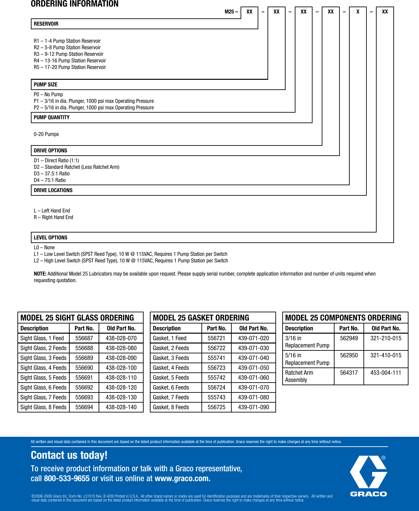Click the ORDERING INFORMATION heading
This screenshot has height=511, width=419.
tap(75, 4)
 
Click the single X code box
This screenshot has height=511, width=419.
tap(358, 12)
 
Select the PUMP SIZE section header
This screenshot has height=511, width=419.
tap(46, 85)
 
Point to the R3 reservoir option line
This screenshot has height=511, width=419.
tap(68, 54)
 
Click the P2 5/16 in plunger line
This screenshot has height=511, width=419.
tap(94, 108)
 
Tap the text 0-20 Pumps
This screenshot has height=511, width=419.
tap(46, 134)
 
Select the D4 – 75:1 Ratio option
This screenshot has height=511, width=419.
tap(50, 180)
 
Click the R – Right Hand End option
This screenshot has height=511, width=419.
tap(54, 217)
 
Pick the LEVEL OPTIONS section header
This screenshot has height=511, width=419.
tap(51, 238)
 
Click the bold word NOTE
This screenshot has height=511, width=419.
tap(40, 274)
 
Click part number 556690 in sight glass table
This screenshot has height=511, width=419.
tap(84, 368)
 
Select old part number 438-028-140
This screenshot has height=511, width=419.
tap(121, 407)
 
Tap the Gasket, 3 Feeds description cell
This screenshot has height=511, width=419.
tap(171, 358)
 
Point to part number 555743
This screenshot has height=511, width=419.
tap(217, 397)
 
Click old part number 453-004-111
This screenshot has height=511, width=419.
tap(386, 373)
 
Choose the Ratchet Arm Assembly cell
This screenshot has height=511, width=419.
tap(299, 376)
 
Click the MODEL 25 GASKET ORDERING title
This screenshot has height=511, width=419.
tap(201, 318)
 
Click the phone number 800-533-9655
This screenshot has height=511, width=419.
tap(67, 478)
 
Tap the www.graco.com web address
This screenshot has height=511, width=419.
tap(182, 478)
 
